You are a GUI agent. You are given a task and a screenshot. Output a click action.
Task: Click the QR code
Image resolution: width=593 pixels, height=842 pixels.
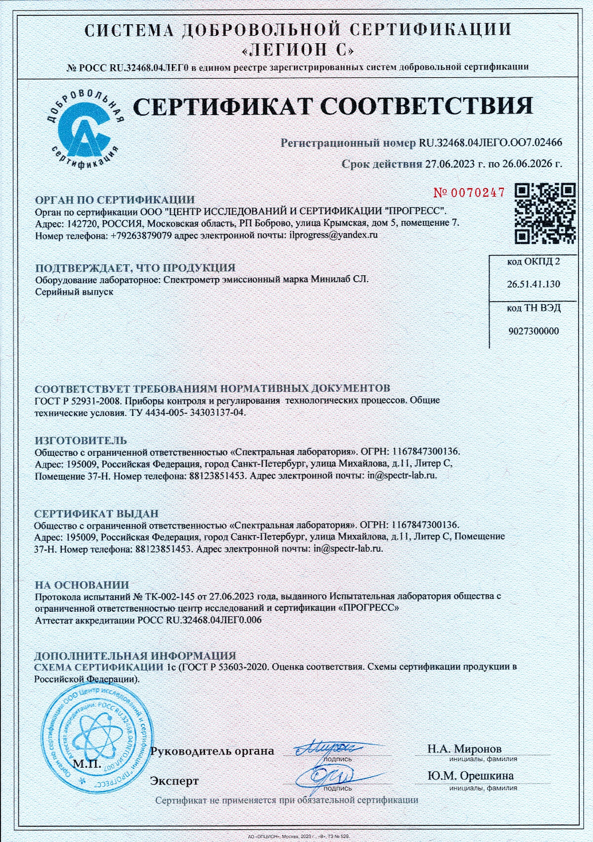(x=545, y=214)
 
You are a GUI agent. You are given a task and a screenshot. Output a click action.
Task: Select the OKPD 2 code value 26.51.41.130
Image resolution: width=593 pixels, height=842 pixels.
(x=533, y=284)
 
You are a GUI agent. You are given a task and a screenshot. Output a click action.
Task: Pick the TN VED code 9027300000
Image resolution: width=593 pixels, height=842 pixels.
(x=533, y=331)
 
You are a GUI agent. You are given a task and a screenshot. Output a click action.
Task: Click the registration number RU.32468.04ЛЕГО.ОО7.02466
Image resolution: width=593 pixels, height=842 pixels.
(x=490, y=143)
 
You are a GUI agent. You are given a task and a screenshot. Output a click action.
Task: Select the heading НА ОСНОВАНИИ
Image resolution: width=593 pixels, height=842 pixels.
(x=82, y=585)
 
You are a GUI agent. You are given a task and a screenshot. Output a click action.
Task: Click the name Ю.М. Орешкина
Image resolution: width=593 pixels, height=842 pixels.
(x=470, y=776)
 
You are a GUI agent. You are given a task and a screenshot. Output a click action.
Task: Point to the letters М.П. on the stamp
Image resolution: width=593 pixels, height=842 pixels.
(x=87, y=764)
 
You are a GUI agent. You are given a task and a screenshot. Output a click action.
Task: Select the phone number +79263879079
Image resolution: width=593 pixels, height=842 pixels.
(x=141, y=235)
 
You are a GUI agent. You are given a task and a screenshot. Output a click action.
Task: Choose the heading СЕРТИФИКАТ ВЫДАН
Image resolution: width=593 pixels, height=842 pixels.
(x=96, y=513)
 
